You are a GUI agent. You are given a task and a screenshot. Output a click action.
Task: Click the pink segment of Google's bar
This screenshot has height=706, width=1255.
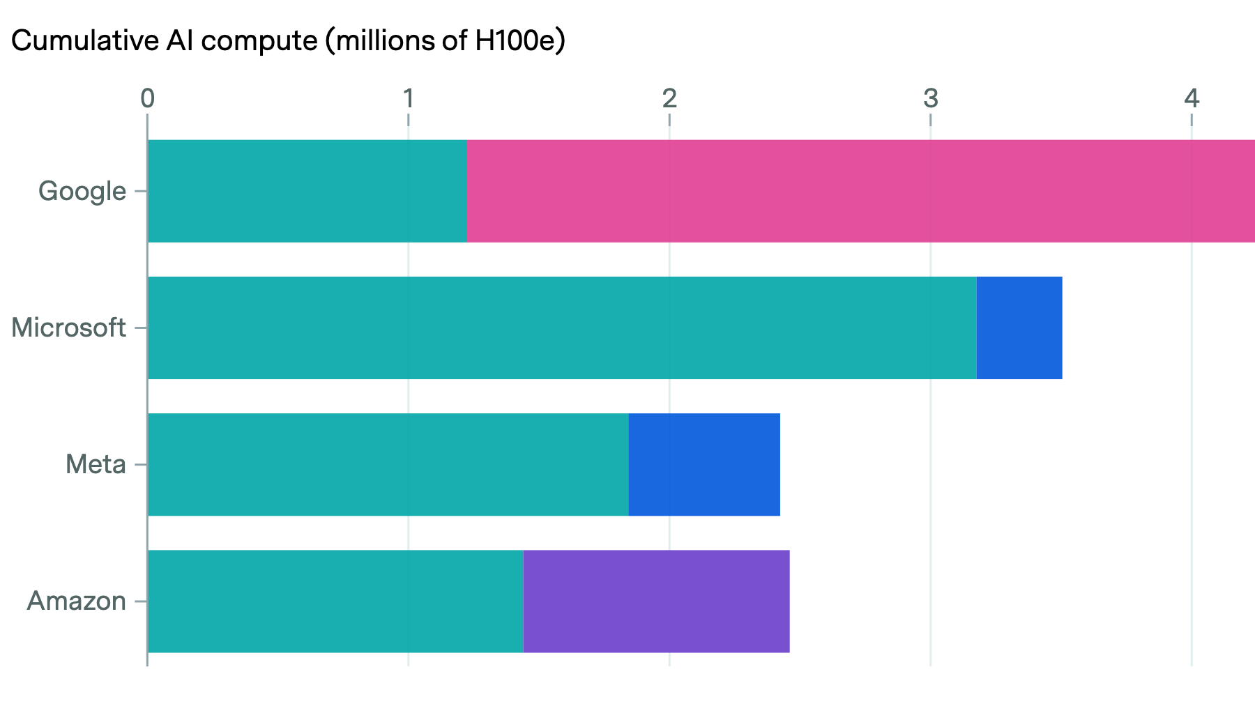tap(860, 191)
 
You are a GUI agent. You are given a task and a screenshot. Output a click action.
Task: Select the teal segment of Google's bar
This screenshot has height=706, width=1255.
tap(307, 191)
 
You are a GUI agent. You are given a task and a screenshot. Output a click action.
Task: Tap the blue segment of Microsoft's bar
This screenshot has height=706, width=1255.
tap(1019, 328)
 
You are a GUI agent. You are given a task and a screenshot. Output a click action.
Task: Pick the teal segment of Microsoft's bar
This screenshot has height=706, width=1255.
tap(562, 328)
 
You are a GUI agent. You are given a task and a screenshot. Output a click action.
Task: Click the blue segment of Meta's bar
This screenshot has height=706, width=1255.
tap(704, 464)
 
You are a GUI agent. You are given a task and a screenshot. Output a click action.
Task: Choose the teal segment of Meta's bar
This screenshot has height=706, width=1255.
tap(388, 464)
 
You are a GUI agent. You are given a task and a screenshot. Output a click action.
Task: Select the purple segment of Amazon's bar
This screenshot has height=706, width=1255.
tap(656, 601)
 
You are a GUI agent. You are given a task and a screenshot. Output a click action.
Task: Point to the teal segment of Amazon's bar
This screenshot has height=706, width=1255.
tap(335, 601)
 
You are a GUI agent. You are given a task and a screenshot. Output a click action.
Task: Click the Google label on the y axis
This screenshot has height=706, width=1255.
tap(82, 191)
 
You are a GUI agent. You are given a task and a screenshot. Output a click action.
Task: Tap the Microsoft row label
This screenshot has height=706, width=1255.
tap(68, 328)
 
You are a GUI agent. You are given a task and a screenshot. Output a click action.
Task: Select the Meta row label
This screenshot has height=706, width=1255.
tap(96, 464)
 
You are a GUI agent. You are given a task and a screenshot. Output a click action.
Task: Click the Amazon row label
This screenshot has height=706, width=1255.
tap(77, 601)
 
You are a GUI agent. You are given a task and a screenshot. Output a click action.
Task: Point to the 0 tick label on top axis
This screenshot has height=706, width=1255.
tap(147, 99)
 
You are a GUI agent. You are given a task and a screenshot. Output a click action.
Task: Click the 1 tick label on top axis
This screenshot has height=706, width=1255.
tap(409, 99)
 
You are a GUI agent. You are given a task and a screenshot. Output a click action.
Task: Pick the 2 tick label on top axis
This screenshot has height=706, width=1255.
tap(669, 99)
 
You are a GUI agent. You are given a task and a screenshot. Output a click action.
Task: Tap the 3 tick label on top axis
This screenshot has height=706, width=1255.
tap(931, 99)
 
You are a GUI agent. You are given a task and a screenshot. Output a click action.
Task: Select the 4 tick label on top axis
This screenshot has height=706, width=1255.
tap(1192, 99)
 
